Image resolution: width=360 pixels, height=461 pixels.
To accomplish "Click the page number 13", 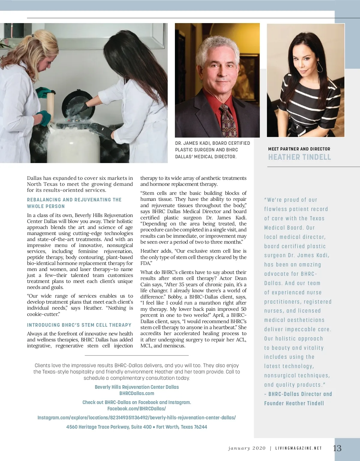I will pyautogui.click(x=337, y=448).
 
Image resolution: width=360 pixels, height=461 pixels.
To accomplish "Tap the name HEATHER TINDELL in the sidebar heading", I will pyautogui.click(x=299, y=157).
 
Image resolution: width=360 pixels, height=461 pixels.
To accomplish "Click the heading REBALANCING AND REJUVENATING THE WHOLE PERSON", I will pyautogui.click(x=74, y=203).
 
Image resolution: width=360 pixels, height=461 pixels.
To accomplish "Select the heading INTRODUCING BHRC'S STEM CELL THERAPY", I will pyautogui.click(x=79, y=325).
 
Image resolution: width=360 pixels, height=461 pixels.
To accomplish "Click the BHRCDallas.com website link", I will pyautogui.click(x=137, y=393).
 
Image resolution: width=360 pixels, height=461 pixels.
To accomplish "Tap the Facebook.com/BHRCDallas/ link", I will pyautogui.click(x=136, y=409).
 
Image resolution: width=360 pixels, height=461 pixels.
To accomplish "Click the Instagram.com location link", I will pyautogui.click(x=136, y=418).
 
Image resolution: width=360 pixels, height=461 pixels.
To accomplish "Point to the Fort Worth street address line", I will pyautogui.click(x=136, y=427).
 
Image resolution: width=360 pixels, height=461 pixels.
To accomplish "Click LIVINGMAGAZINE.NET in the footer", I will pyautogui.click(x=298, y=448).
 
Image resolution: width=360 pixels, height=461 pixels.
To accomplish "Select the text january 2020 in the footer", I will pyautogui.click(x=247, y=448).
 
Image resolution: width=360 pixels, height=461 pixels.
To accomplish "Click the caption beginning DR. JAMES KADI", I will pyautogui.click(x=212, y=150).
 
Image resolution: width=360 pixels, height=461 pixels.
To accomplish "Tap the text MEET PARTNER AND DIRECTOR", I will pyautogui.click(x=299, y=149).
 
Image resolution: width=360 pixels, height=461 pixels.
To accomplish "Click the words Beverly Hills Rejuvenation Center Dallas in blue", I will pyautogui.click(x=137, y=387).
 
